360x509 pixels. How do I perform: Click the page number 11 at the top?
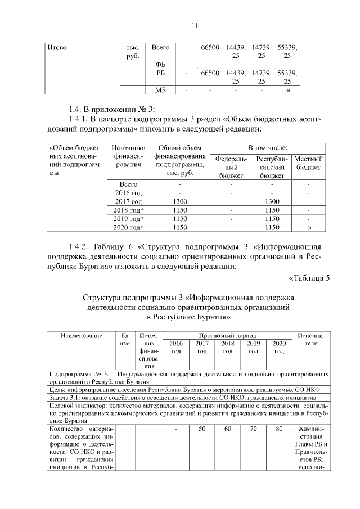coord(195,25)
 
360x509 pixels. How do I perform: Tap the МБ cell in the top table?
coord(160,89)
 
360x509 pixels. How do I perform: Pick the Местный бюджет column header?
coord(309,164)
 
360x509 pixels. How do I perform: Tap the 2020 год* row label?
coord(128,227)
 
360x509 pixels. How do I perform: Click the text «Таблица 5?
coord(309,277)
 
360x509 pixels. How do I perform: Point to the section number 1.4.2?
coord(80,246)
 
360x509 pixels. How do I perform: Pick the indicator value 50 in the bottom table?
coord(201,430)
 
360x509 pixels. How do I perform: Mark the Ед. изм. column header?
coord(125,339)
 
